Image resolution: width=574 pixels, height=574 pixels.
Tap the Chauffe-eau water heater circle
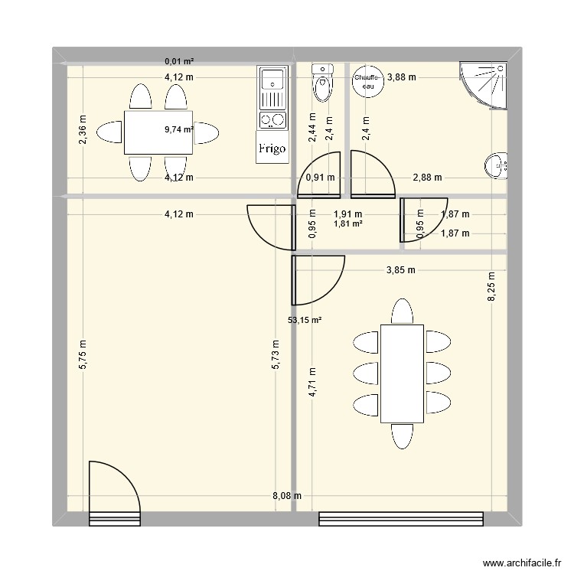coord(365,80)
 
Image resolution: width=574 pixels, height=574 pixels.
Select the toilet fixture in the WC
coord(323,83)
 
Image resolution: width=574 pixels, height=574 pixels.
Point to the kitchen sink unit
coord(272,88)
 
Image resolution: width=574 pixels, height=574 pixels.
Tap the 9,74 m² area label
coord(178,130)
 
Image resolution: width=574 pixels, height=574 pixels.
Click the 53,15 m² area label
coord(304,321)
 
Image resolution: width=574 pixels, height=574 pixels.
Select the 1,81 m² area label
coord(347,224)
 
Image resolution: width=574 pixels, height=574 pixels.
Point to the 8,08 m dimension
coord(286,496)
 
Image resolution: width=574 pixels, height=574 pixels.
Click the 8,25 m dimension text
coord(494,286)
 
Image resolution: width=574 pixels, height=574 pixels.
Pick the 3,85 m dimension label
coord(401,269)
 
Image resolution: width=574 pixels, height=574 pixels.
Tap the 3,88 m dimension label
coord(402,77)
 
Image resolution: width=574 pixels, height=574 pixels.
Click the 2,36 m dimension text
coord(83,129)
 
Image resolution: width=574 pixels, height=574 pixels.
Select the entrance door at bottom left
coord(113,494)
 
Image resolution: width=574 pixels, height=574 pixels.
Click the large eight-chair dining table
coord(403,373)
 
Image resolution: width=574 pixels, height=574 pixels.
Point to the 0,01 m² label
coord(179,60)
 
